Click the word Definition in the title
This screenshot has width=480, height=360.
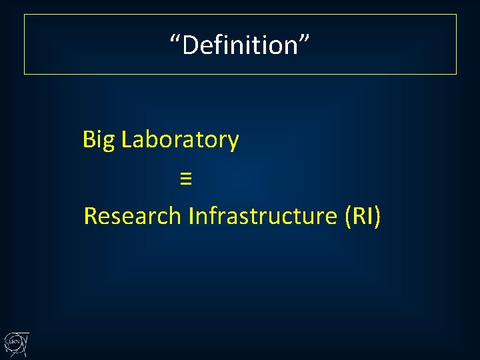240,45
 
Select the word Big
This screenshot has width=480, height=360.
99,141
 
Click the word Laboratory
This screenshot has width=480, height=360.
180,140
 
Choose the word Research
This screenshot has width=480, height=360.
133,216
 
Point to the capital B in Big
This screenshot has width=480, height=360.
89,140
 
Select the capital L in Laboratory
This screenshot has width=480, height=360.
127,140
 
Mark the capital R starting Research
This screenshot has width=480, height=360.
91,216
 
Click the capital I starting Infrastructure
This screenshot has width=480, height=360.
192,216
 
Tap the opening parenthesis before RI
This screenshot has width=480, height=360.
348,217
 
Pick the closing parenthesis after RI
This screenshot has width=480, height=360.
377,217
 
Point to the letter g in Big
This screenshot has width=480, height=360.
109,143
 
